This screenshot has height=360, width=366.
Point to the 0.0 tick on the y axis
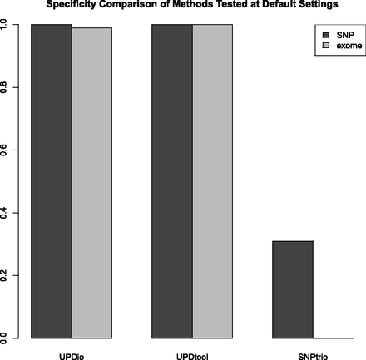[6, 338]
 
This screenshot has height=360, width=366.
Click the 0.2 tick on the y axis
[6, 275]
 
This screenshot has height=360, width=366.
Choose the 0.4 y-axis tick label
[6, 212]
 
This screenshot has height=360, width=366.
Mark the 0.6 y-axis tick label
[6, 150]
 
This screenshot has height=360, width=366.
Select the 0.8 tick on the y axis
[6, 87]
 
